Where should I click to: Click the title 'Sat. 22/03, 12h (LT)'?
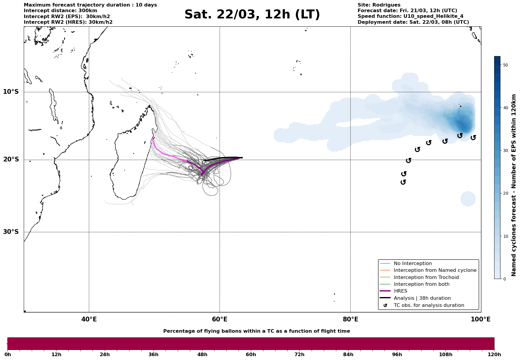click(x=252, y=15)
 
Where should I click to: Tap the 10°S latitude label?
click(x=11, y=92)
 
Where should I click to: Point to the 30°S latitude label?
click(x=11, y=232)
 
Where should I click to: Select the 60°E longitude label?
click(x=220, y=319)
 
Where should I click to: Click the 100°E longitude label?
click(x=481, y=319)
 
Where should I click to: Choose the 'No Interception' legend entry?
click(x=413, y=264)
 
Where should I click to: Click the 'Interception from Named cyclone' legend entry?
click(x=435, y=270)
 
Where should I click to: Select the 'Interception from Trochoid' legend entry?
click(x=426, y=277)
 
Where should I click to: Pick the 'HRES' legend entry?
click(x=400, y=291)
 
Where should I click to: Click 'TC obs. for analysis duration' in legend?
click(x=429, y=305)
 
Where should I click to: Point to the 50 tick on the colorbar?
click(x=505, y=65)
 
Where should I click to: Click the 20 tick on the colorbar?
click(x=505, y=194)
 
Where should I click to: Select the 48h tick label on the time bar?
click(x=202, y=355)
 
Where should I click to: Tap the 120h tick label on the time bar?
click(x=494, y=355)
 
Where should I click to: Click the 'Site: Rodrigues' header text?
click(x=379, y=5)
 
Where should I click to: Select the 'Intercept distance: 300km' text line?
click(x=60, y=11)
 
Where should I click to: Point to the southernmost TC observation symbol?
click(x=403, y=182)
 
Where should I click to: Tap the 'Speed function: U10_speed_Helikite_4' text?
click(x=410, y=16)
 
